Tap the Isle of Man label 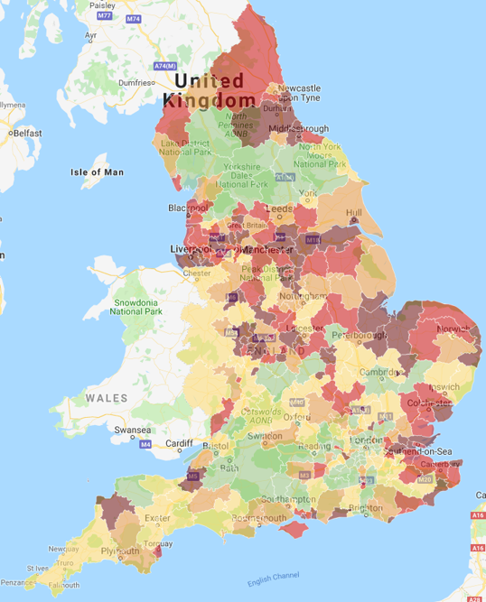97,171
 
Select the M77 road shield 104,16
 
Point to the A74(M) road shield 164,66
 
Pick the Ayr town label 90,36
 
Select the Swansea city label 131,431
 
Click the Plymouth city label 121,550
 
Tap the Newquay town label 62,548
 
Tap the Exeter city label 156,518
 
